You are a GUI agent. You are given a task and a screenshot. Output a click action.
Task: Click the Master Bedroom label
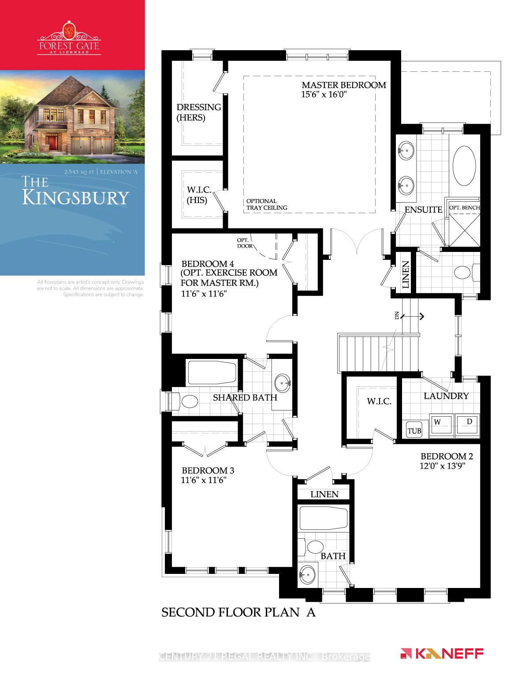point(343,85)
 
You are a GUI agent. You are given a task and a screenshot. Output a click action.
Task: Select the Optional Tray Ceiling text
point(267,204)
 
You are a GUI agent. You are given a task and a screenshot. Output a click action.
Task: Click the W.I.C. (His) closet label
point(198,194)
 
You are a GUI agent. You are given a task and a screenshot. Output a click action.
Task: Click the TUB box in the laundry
point(414,431)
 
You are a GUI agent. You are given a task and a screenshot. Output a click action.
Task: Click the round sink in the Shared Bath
point(282,383)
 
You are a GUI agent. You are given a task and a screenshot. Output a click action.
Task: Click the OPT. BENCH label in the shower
point(464,207)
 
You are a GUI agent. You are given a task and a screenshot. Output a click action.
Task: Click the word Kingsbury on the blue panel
point(75,197)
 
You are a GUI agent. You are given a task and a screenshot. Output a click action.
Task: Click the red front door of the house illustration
point(52,142)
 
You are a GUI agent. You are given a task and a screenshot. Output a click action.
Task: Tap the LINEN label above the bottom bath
point(324,494)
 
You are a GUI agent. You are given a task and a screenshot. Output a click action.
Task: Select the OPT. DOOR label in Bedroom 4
point(245,243)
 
